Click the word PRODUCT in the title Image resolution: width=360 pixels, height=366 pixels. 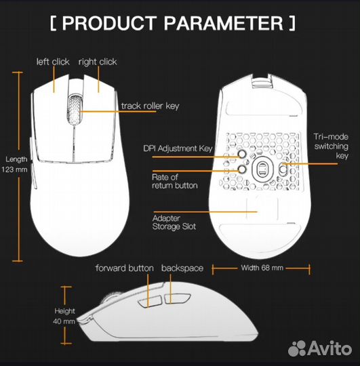pyautogui.click(x=109, y=23)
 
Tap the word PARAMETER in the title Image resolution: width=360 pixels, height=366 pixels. pyautogui.click(x=224, y=23)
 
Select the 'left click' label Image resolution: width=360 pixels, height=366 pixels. pyautogui.click(x=53, y=62)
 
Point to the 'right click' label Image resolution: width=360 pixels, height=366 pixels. pyautogui.click(x=98, y=62)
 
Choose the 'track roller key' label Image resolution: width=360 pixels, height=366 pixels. pyautogui.click(x=150, y=106)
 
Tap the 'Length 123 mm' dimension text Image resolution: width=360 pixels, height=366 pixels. pyautogui.click(x=14, y=164)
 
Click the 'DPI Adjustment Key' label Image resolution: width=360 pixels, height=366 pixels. pyautogui.click(x=178, y=148)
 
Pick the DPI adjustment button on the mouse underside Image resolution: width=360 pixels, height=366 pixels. pyautogui.click(x=242, y=154)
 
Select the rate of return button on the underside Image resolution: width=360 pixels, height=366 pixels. pyautogui.click(x=242, y=169)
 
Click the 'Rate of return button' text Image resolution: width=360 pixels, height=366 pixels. pyautogui.click(x=175, y=182)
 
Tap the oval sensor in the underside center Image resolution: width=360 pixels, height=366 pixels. pyautogui.click(x=262, y=169)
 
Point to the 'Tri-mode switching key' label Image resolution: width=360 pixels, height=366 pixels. pyautogui.click(x=331, y=146)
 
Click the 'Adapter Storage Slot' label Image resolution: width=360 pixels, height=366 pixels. pyautogui.click(x=174, y=222)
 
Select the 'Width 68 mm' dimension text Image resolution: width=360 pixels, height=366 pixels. pyautogui.click(x=262, y=268)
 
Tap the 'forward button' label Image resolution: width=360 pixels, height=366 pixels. pyautogui.click(x=125, y=268)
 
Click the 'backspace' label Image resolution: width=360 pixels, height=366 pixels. pyautogui.click(x=182, y=268)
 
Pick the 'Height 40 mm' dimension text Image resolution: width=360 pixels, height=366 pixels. pyautogui.click(x=64, y=316)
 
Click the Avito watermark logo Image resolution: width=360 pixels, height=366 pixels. pyautogui.click(x=320, y=348)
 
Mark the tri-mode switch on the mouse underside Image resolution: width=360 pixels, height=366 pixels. pyautogui.click(x=283, y=169)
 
